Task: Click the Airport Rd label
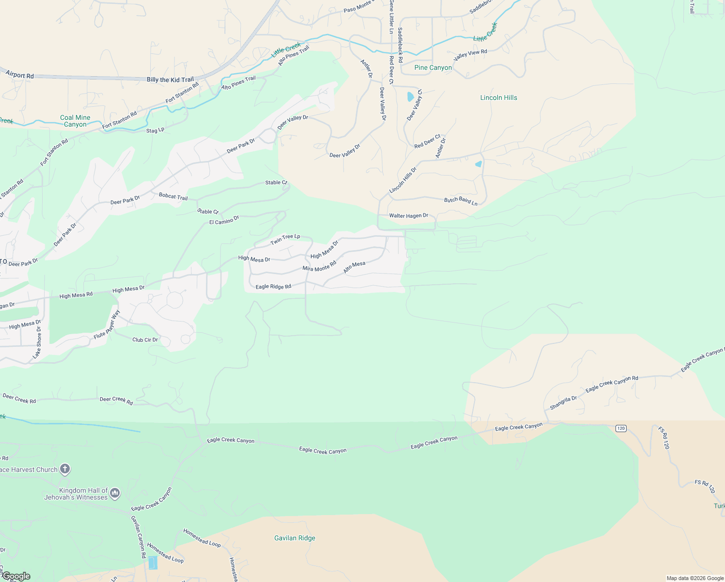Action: click(20, 75)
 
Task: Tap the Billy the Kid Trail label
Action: click(170, 80)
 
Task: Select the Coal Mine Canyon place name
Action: click(75, 121)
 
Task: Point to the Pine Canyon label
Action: click(433, 68)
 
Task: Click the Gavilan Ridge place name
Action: click(295, 538)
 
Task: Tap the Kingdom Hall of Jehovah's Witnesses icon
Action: click(115, 493)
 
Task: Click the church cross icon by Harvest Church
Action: click(65, 469)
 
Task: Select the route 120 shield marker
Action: click(621, 428)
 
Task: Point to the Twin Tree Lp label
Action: click(285, 239)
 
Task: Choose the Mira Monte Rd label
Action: click(319, 266)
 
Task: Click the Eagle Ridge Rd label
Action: click(273, 287)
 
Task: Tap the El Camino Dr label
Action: click(224, 220)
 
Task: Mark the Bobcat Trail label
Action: click(173, 196)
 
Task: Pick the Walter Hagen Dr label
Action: click(409, 215)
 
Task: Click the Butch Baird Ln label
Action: click(461, 201)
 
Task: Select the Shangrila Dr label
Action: click(563, 403)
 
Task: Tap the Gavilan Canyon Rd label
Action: click(138, 536)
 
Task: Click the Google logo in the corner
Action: click(16, 576)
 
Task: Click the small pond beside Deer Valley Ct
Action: click(410, 97)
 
